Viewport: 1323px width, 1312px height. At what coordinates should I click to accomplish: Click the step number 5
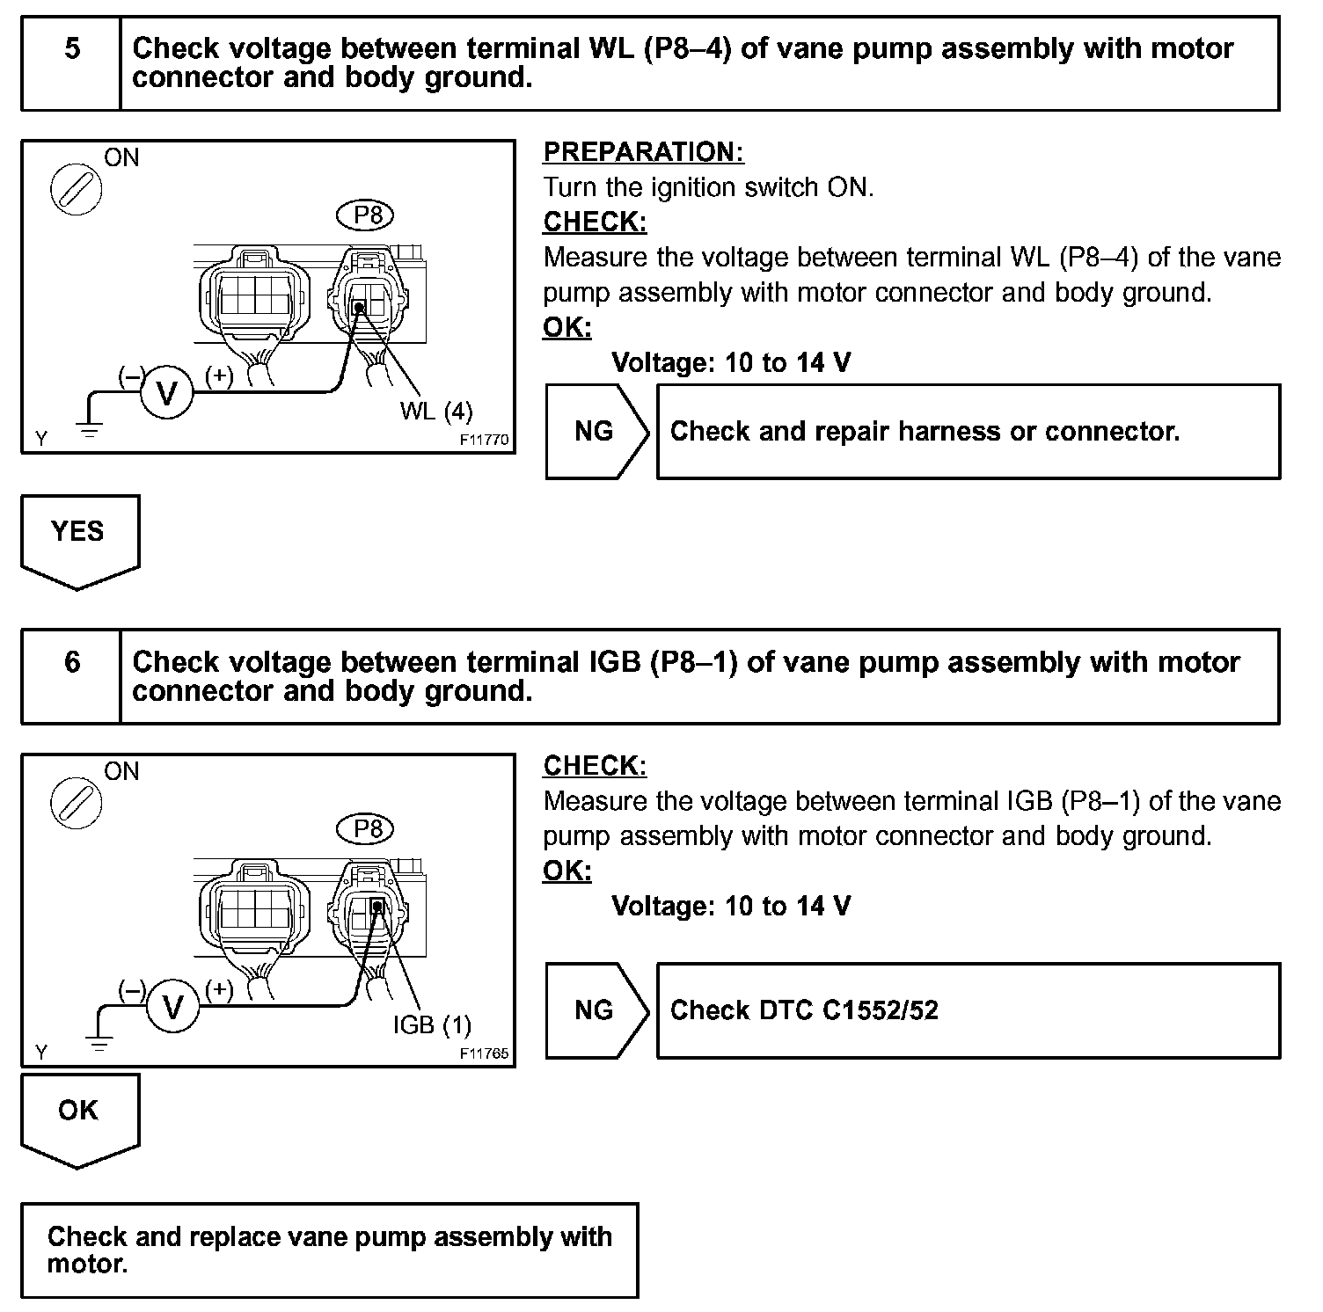coord(71,48)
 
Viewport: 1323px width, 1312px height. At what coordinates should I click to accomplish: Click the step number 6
coord(71,662)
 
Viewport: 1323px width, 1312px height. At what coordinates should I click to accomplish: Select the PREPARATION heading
coord(643,152)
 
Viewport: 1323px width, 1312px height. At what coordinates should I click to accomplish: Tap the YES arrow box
coord(79,536)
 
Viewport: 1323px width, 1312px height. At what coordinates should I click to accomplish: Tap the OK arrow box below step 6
coord(79,1115)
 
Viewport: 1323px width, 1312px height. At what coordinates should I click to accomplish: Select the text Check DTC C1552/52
coord(804,1010)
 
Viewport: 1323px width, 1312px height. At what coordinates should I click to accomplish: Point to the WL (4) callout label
coord(436,411)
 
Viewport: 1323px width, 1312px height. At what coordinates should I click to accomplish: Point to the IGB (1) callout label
coord(432,1024)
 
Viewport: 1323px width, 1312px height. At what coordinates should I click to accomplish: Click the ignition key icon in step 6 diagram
coord(76,803)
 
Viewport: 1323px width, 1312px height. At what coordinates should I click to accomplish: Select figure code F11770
coord(484,440)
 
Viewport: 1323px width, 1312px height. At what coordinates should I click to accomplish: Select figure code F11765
coord(484,1053)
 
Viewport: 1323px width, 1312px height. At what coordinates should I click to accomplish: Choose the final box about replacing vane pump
coord(329,1250)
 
